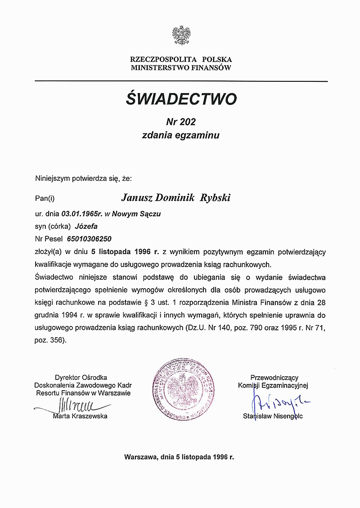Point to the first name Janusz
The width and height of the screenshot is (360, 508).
[x=136, y=197]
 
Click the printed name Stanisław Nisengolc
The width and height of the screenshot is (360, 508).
[x=273, y=416]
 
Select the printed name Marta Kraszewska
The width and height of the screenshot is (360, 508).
[x=80, y=416]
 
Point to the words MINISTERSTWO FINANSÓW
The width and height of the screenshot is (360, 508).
[x=181, y=68]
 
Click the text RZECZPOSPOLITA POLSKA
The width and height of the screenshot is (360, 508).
[x=181, y=59]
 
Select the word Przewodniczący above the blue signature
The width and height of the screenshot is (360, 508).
[x=274, y=378]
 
